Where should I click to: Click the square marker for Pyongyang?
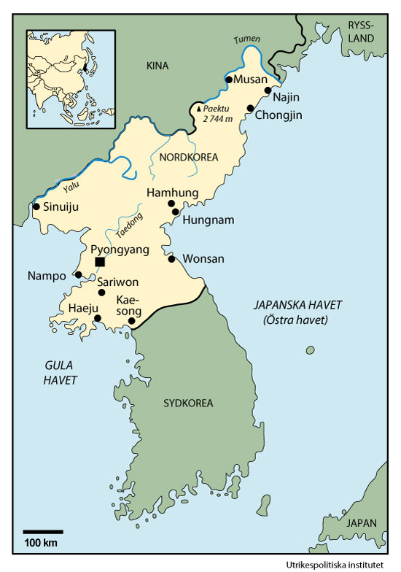coord(100,262)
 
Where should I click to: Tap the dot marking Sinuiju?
coord(36,206)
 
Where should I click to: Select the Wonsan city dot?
coord(171,259)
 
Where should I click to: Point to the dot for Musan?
coord(229,79)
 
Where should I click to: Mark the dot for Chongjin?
coord(250,109)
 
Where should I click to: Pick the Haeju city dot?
coord(98,319)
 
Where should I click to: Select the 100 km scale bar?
coord(42,532)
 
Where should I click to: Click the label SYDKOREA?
coord(187,403)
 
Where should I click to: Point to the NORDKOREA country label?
coord(186,155)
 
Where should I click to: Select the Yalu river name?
coord(70,188)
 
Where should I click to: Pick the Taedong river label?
coord(128,225)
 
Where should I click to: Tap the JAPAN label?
coord(362,523)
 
